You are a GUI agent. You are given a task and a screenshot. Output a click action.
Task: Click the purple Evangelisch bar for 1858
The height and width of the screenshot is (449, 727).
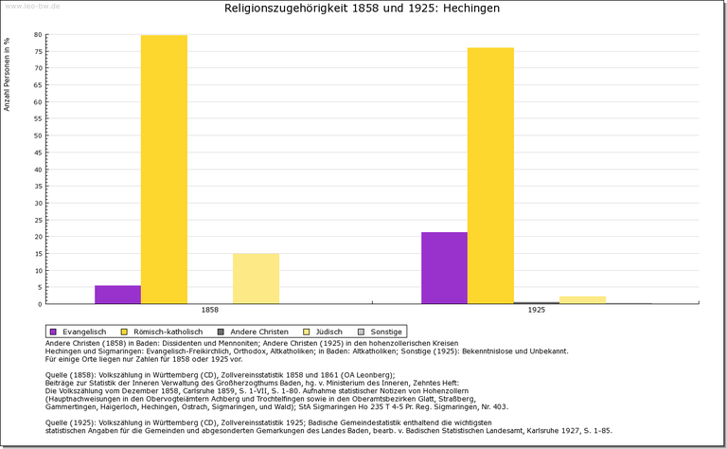[117, 295]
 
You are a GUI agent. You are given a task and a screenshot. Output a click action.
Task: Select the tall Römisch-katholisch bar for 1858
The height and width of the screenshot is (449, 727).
[164, 170]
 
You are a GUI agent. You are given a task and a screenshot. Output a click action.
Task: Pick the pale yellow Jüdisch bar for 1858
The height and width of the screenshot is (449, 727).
[256, 278]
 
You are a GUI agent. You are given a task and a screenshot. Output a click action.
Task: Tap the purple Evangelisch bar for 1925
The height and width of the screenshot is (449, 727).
[444, 268]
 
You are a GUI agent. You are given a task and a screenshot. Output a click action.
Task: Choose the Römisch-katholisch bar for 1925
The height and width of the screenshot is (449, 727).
[490, 175]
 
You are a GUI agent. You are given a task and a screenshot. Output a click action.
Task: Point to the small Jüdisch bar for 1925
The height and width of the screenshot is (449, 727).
[582, 299]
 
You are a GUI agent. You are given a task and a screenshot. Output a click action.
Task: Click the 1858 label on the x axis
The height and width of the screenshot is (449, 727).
[209, 310]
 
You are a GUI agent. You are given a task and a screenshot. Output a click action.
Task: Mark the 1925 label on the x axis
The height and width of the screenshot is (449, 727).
[536, 310]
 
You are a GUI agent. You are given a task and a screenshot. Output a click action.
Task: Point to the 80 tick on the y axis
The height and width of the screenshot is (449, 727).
[39, 35]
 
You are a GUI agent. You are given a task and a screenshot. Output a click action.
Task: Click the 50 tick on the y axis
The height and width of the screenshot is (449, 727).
[39, 135]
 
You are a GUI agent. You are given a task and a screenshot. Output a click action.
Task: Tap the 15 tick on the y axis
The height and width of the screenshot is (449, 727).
[39, 254]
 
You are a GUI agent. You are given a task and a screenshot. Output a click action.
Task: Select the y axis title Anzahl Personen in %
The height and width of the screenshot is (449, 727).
[8, 74]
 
